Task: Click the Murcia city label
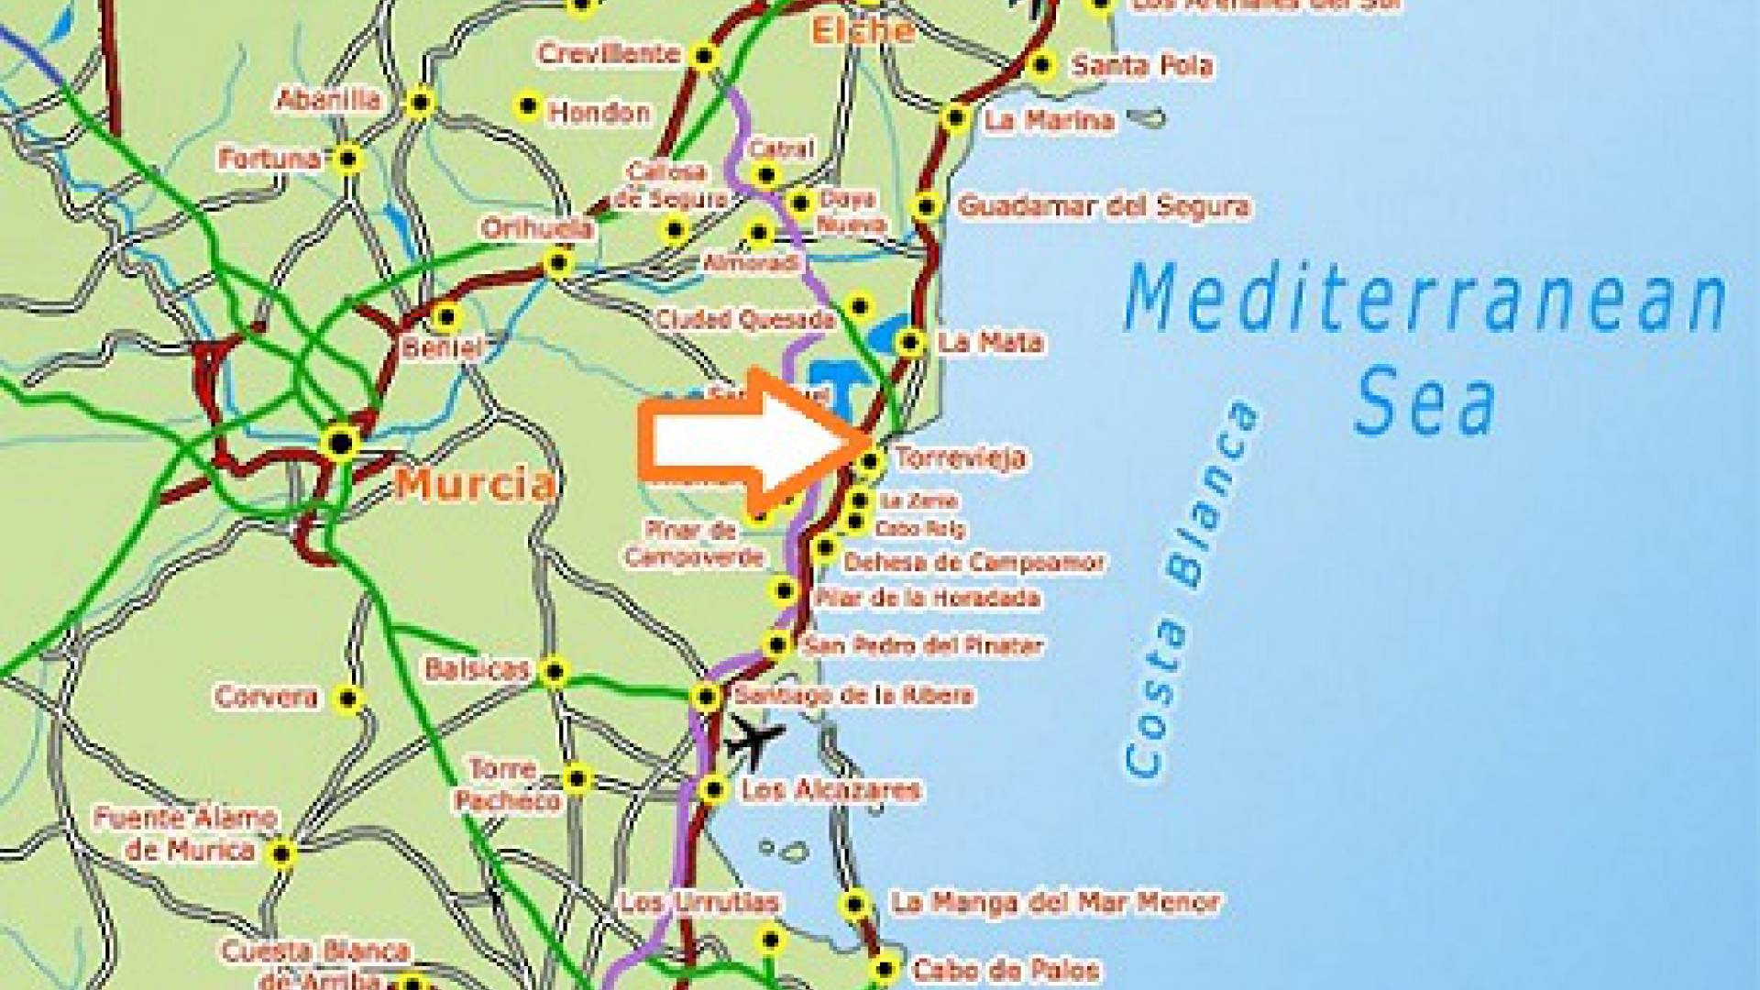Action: click(475, 483)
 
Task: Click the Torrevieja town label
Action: click(959, 457)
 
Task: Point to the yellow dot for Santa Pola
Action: click(1040, 65)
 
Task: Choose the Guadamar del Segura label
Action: click(1104, 206)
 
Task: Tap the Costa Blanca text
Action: click(1189, 588)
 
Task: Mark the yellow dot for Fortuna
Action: click(348, 159)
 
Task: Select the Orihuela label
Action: click(537, 228)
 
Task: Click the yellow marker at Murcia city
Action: click(341, 443)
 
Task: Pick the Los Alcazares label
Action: click(830, 790)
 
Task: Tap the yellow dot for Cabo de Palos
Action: click(885, 968)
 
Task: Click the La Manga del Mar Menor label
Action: click(1055, 903)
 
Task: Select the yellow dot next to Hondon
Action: click(527, 105)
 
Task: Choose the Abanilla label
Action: click(329, 99)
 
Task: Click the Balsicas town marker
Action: click(554, 672)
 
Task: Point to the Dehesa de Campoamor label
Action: click(973, 562)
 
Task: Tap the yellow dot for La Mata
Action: click(909, 343)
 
